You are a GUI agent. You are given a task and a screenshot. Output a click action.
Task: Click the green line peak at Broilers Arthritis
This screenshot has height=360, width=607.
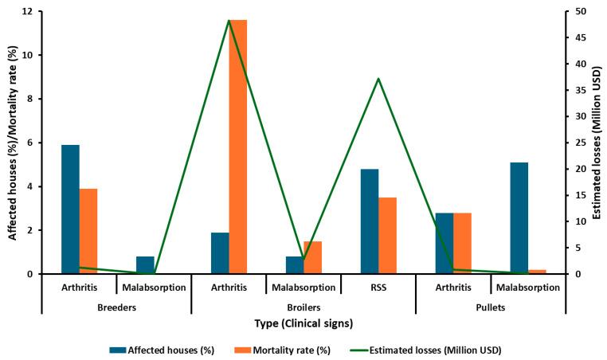tap(229, 21)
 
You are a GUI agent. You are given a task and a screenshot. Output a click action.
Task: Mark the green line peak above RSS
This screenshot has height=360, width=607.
tap(378, 78)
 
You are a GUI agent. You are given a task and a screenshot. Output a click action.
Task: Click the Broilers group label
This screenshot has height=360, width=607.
tap(303, 307)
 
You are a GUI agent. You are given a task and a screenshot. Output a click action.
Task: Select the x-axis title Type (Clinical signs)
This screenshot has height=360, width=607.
tap(303, 323)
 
